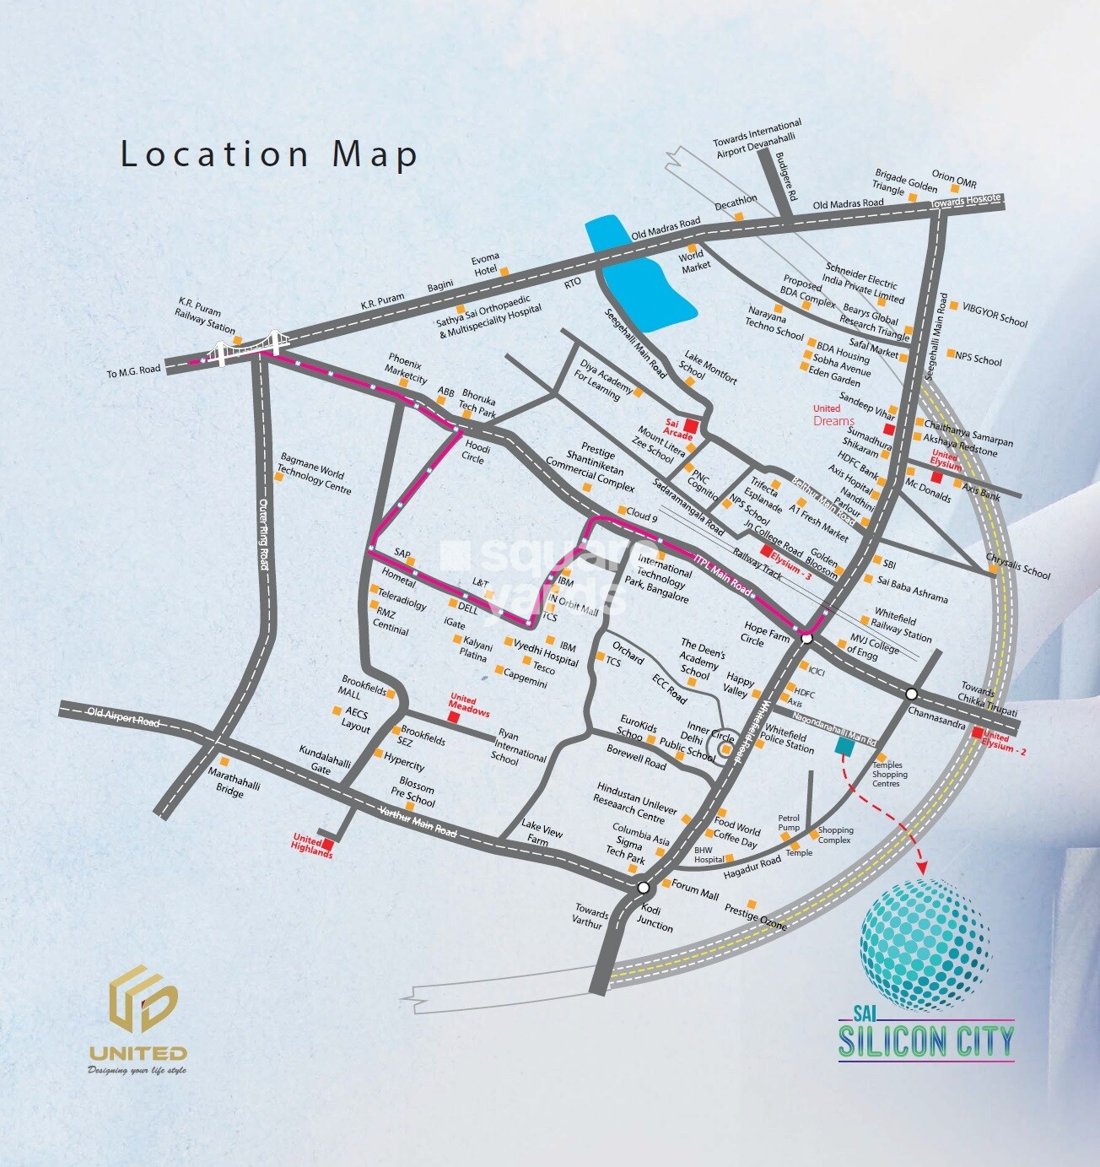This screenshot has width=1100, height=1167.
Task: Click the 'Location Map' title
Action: (269, 154)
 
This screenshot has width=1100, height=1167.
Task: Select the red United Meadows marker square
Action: (454, 717)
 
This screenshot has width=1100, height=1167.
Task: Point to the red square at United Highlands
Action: (328, 843)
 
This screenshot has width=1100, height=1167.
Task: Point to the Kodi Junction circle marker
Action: (644, 888)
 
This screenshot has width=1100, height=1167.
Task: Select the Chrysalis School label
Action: (1019, 566)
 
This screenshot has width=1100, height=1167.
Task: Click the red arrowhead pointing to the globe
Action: (922, 868)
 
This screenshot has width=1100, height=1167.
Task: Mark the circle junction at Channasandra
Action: (912, 694)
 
